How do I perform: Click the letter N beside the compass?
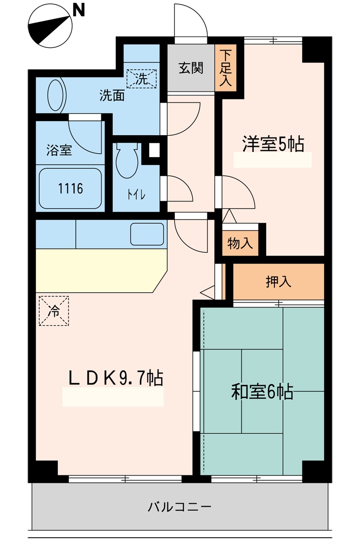coord(79,10)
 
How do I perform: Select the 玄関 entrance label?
coord(191,68)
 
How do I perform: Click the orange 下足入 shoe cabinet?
coord(226,68)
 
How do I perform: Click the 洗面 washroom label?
coord(112,96)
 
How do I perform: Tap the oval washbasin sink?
coord(55,95)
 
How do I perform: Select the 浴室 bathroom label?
coord(59,151)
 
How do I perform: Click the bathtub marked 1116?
coord(71,188)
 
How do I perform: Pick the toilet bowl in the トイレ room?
coord(127,161)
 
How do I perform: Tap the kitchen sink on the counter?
coord(147,234)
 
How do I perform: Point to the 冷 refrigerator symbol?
coord(54,311)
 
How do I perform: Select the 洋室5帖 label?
coord(273,144)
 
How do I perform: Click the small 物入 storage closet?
coord(240,243)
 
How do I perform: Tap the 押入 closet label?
coord(278,282)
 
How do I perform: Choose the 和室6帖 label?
coord(262,392)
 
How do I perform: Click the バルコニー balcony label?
coord(180,506)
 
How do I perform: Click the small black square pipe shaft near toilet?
coord(153,150)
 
